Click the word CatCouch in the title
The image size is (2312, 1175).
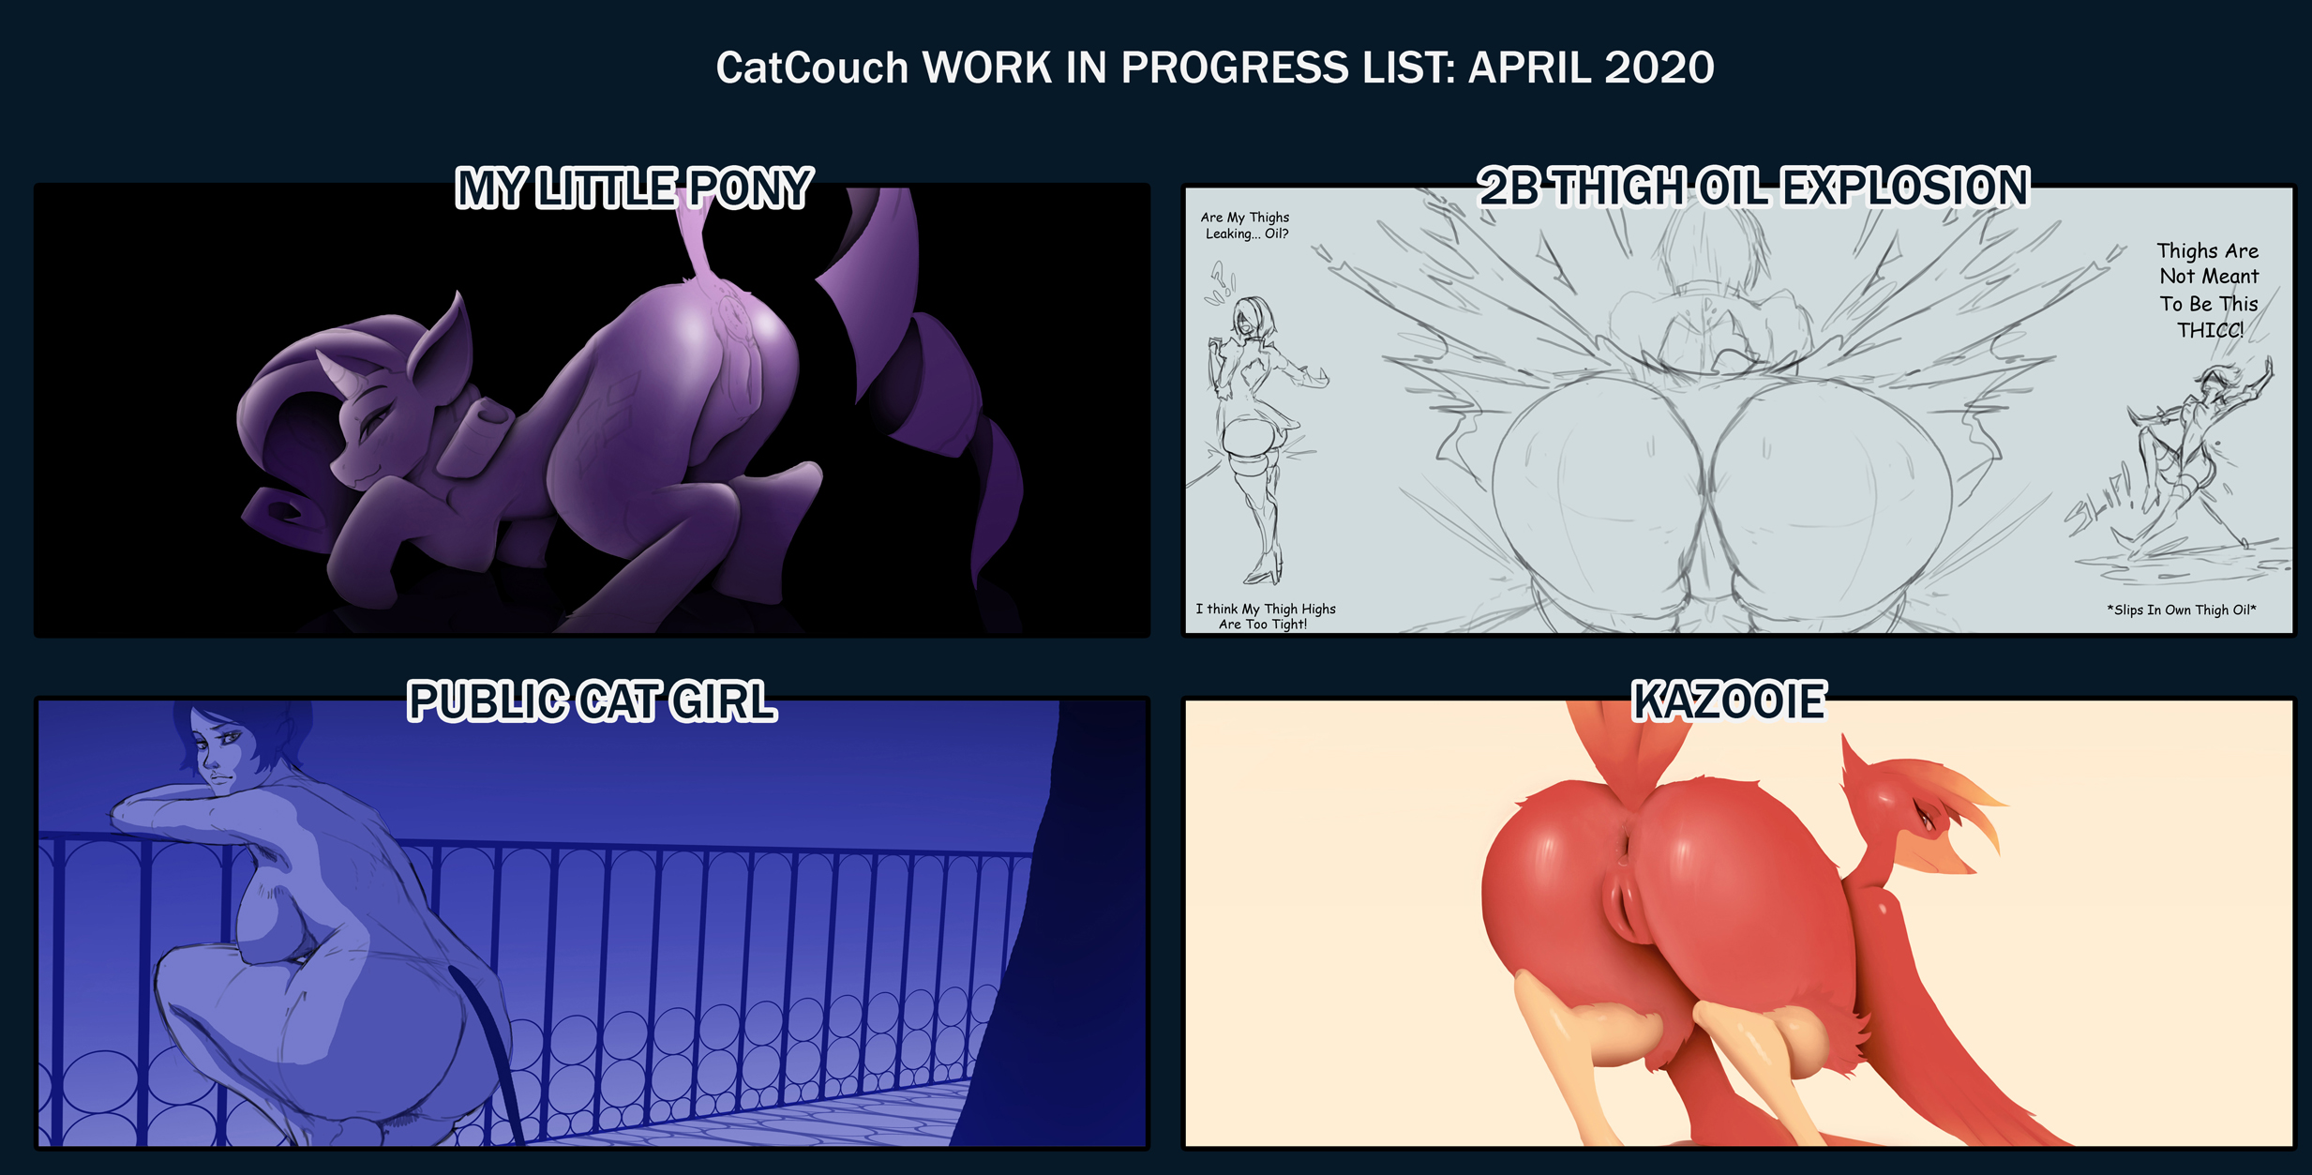tap(812, 68)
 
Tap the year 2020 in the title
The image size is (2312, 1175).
tap(1659, 68)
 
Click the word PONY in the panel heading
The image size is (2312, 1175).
tap(750, 188)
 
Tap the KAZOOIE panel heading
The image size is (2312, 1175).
tap(1729, 700)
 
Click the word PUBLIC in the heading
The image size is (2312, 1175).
tap(488, 701)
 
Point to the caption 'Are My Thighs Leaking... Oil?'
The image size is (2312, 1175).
tap(1246, 225)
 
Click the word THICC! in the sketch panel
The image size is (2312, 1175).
tap(2210, 330)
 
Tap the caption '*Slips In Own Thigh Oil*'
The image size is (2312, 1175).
tap(2182, 610)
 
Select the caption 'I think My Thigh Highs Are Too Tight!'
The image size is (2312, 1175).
tap(1265, 616)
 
